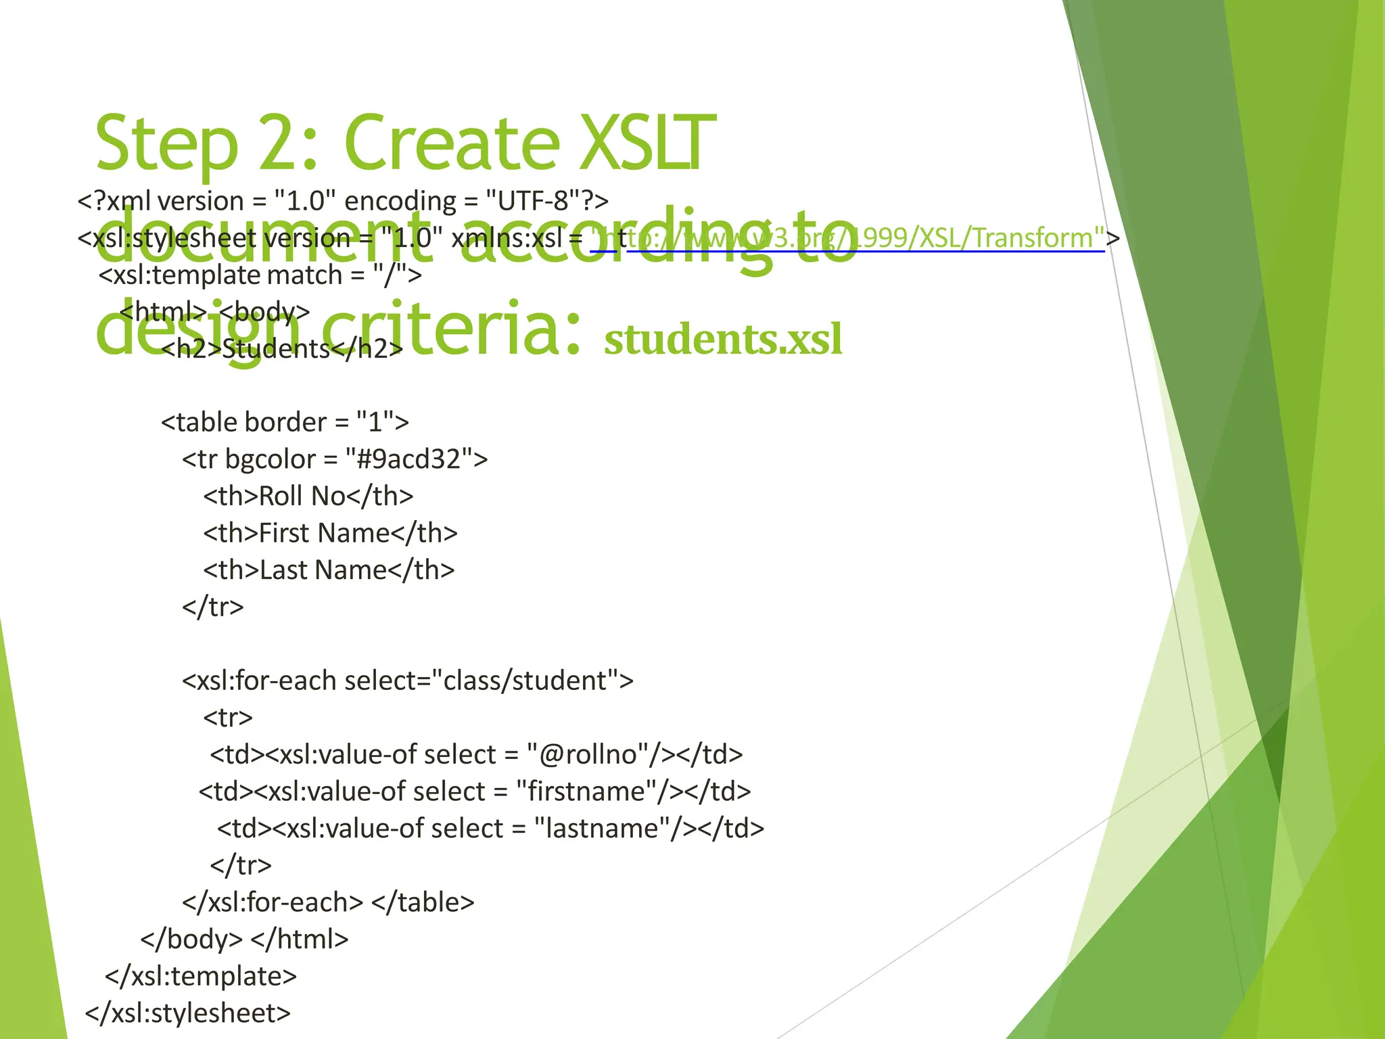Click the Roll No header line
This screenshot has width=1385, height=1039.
(308, 497)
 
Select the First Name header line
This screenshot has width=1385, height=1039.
(330, 534)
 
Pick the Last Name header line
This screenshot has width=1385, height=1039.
(329, 570)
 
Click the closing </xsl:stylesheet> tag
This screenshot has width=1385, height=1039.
(188, 1013)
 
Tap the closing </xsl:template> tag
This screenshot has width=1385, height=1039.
(201, 976)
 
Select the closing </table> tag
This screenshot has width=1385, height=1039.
(423, 902)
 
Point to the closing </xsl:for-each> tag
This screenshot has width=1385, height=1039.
(273, 902)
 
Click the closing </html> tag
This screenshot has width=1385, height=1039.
(300, 940)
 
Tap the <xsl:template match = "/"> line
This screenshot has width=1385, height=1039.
(260, 275)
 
